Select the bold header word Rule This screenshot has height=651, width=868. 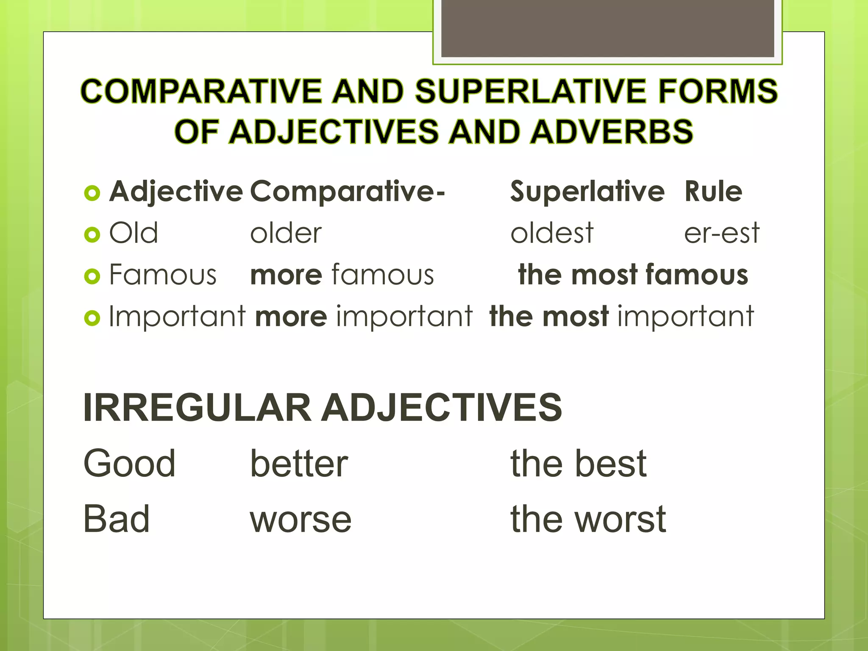click(x=713, y=192)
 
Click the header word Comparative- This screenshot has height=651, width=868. click(x=348, y=192)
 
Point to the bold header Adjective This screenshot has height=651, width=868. click(x=176, y=192)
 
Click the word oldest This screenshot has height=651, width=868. click(x=552, y=233)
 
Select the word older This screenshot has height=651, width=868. click(x=286, y=233)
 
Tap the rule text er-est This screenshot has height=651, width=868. click(x=722, y=233)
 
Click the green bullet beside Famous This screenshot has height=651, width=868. click(x=92, y=276)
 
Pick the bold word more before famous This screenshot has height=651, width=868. click(x=286, y=275)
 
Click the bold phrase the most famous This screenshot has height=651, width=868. click(x=633, y=275)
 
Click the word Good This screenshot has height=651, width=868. click(x=129, y=463)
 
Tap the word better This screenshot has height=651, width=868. click(x=299, y=463)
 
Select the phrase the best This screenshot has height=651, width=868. click(x=579, y=463)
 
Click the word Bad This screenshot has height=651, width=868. click(x=117, y=519)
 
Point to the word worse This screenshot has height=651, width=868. click(x=300, y=520)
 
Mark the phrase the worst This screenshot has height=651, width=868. click(x=588, y=519)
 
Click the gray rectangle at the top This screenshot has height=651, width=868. click(x=607, y=29)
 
